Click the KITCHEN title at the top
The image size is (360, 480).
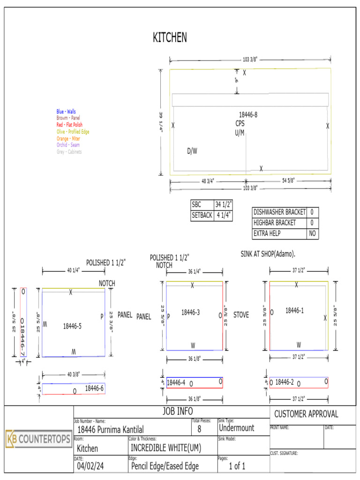pos(170,38)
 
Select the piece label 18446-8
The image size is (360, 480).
pos(248,115)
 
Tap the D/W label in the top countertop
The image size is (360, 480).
pos(192,151)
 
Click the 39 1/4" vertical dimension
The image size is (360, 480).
pos(162,122)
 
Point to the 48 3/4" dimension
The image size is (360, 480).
pos(208,181)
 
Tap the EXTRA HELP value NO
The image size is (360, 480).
pos(312,233)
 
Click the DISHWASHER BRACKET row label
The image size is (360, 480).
pos(279,212)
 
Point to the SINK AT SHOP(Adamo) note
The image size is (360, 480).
pos(267,254)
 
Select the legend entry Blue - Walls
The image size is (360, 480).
pos(66,112)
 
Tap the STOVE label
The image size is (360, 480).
pos(241,315)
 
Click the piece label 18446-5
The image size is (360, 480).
pos(72,326)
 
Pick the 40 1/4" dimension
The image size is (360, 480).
pos(74,270)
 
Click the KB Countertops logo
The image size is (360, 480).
pos(38,439)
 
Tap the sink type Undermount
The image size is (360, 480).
pos(236,428)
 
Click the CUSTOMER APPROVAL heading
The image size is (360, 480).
pos(306,414)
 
